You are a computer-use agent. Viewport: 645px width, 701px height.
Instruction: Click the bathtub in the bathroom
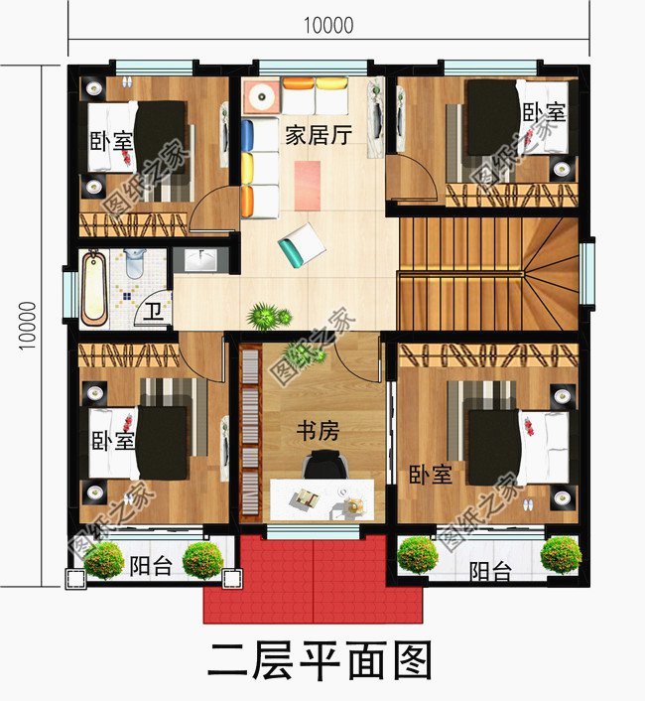pos(93,288)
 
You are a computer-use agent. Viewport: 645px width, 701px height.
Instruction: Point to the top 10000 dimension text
pos(327,26)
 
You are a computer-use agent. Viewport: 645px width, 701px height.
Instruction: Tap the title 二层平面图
pos(320,659)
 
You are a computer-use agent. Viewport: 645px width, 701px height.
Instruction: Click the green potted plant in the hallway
pos(265,316)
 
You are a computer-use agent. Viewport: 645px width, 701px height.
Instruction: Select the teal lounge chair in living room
pos(303,244)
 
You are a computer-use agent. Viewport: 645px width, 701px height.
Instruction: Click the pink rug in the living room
pos(309,185)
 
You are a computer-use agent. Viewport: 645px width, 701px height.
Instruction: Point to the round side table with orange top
pos(263,97)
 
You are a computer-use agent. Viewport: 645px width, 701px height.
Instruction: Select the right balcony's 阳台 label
pos(490,571)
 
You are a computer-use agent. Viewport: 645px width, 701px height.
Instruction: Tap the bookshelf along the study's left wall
pos(248,437)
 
